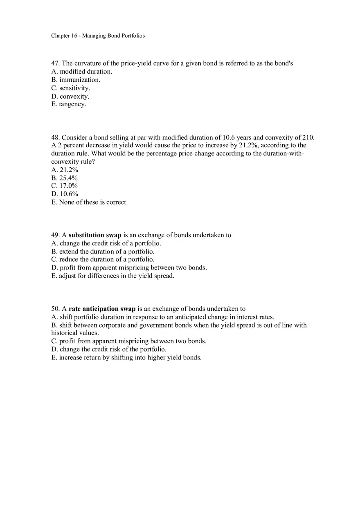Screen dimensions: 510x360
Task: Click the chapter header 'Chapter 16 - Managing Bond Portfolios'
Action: coord(98,36)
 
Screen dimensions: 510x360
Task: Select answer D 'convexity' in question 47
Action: coord(70,97)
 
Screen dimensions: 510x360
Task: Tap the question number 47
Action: coord(55,63)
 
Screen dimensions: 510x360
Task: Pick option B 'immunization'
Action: coord(76,80)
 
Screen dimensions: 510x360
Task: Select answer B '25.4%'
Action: coord(65,178)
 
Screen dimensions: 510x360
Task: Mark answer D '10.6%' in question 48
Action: coord(65,194)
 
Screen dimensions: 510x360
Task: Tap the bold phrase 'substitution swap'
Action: coord(95,235)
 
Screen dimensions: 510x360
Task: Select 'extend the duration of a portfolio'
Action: coord(103,252)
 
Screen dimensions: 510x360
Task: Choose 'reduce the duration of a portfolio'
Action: coord(103,259)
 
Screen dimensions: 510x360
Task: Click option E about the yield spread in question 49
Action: coord(112,276)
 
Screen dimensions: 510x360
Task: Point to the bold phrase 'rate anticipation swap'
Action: coord(102,309)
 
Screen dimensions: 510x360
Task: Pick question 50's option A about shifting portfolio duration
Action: coord(163,317)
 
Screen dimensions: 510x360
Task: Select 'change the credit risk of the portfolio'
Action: coord(109,349)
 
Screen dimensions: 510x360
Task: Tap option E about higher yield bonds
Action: coord(126,357)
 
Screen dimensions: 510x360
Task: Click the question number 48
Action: coord(55,137)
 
